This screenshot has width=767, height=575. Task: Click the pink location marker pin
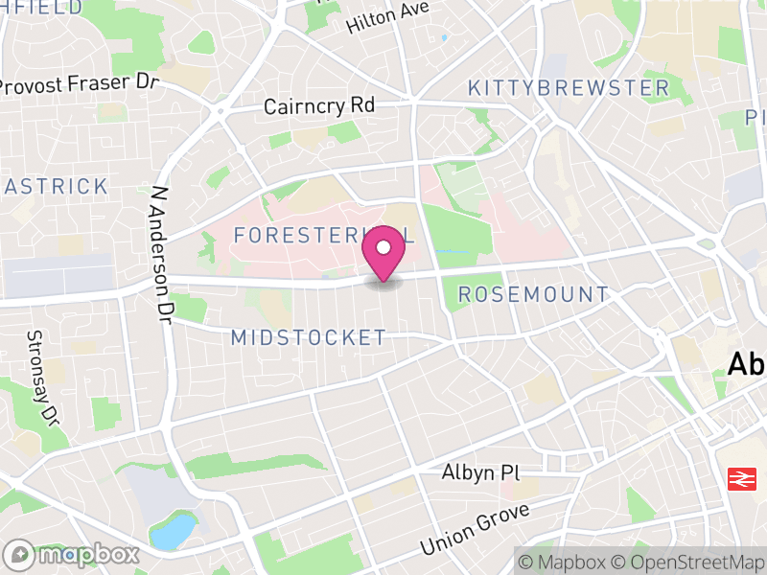click(x=383, y=252)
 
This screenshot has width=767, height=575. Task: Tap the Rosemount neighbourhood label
click(x=533, y=294)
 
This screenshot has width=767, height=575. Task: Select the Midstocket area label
click(x=309, y=337)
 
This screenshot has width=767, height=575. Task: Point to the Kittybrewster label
click(x=569, y=88)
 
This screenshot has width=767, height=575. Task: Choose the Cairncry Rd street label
click(x=319, y=105)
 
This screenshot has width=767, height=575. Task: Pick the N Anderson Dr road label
click(x=162, y=251)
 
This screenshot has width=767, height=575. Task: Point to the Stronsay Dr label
click(x=42, y=378)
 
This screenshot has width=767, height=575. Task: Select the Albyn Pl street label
click(x=478, y=473)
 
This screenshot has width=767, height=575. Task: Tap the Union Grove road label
click(x=474, y=530)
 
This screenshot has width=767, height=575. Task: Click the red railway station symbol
click(x=739, y=477)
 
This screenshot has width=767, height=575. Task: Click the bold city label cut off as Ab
click(x=747, y=365)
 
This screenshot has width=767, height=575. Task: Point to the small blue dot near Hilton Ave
click(x=444, y=38)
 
